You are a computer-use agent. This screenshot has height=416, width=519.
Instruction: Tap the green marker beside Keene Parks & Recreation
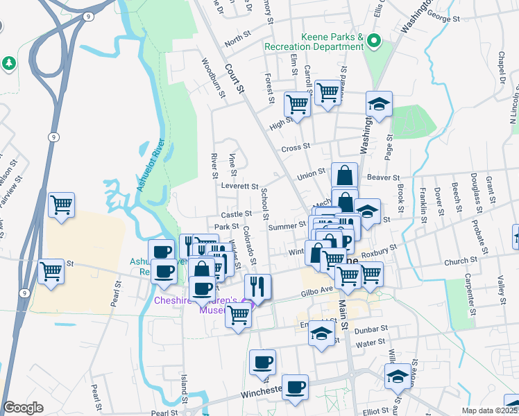click(x=374, y=40)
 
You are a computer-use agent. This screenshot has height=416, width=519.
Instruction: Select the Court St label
click(x=235, y=78)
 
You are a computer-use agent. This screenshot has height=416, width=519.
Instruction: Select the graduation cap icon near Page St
click(x=380, y=104)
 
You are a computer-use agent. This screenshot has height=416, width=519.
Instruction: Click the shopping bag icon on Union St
click(x=344, y=175)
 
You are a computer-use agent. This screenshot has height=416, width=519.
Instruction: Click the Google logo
click(x=23, y=408)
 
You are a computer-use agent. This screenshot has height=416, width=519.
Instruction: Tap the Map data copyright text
click(x=489, y=410)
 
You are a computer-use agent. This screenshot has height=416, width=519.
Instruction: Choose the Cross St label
click(x=294, y=149)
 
